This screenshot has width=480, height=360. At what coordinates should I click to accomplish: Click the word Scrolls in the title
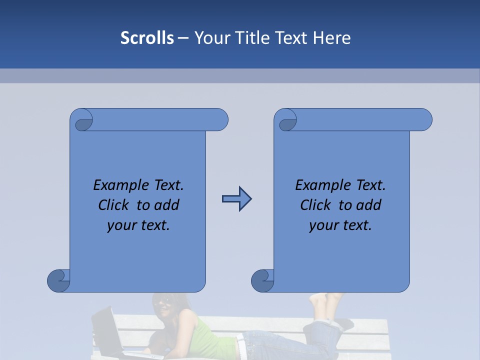[x=147, y=38]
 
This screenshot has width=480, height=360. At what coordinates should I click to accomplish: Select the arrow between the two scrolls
[x=236, y=199]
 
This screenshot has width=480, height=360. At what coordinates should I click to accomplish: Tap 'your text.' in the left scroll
[x=138, y=225]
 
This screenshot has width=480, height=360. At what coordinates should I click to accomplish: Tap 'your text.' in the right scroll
[x=340, y=225]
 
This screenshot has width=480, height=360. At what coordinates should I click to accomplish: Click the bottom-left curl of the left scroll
[x=58, y=280]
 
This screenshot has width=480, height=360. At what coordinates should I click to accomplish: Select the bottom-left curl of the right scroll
[x=262, y=280]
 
